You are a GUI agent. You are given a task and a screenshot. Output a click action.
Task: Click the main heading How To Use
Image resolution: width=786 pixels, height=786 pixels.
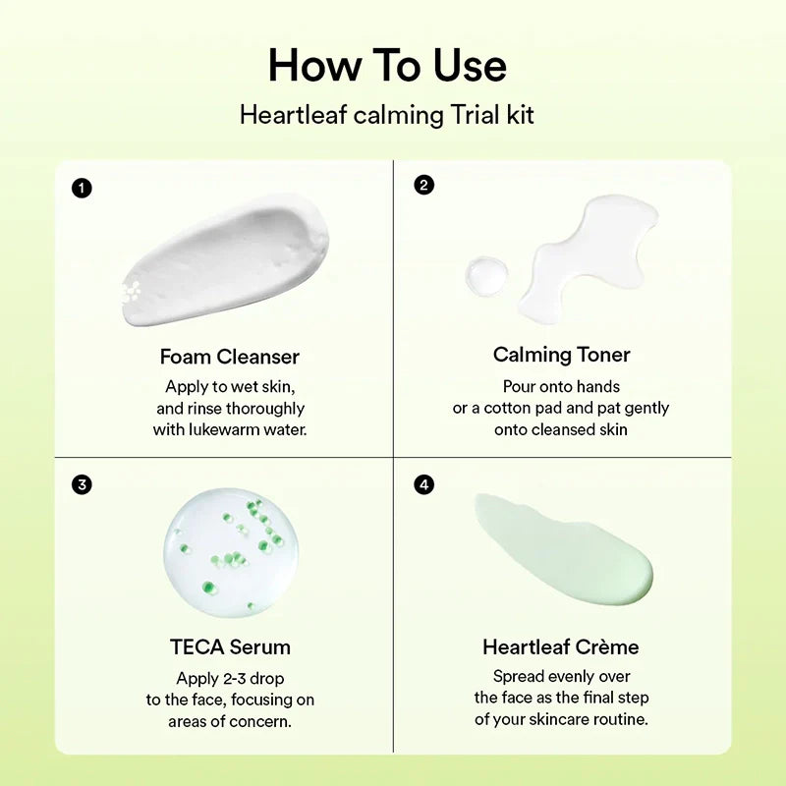(x=387, y=66)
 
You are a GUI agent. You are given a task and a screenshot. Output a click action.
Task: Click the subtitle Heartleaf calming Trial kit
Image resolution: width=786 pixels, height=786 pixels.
(x=387, y=115)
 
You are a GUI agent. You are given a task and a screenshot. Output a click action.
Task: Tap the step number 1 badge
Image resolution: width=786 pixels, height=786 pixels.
(x=83, y=187)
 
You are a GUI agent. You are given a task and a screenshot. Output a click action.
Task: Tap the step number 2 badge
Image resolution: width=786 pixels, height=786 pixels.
(x=423, y=184)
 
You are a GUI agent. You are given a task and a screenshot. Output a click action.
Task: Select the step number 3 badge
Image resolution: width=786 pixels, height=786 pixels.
(x=83, y=483)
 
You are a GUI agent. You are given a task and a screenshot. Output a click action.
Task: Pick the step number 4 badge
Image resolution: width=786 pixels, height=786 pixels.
(x=423, y=483)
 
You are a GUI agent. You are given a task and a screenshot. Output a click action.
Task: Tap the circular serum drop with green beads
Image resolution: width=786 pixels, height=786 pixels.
(x=231, y=552)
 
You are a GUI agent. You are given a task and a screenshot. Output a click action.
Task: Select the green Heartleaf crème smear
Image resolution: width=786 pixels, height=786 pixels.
(x=565, y=550)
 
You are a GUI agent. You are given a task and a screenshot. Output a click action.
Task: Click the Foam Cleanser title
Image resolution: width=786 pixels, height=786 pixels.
(x=230, y=357)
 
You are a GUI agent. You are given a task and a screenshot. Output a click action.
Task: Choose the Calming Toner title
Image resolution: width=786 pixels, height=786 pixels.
(x=562, y=355)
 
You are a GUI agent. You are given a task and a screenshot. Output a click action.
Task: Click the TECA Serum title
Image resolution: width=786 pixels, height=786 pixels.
(x=230, y=646)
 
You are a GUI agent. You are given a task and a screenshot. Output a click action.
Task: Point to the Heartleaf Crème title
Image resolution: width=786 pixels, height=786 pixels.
(x=561, y=646)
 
